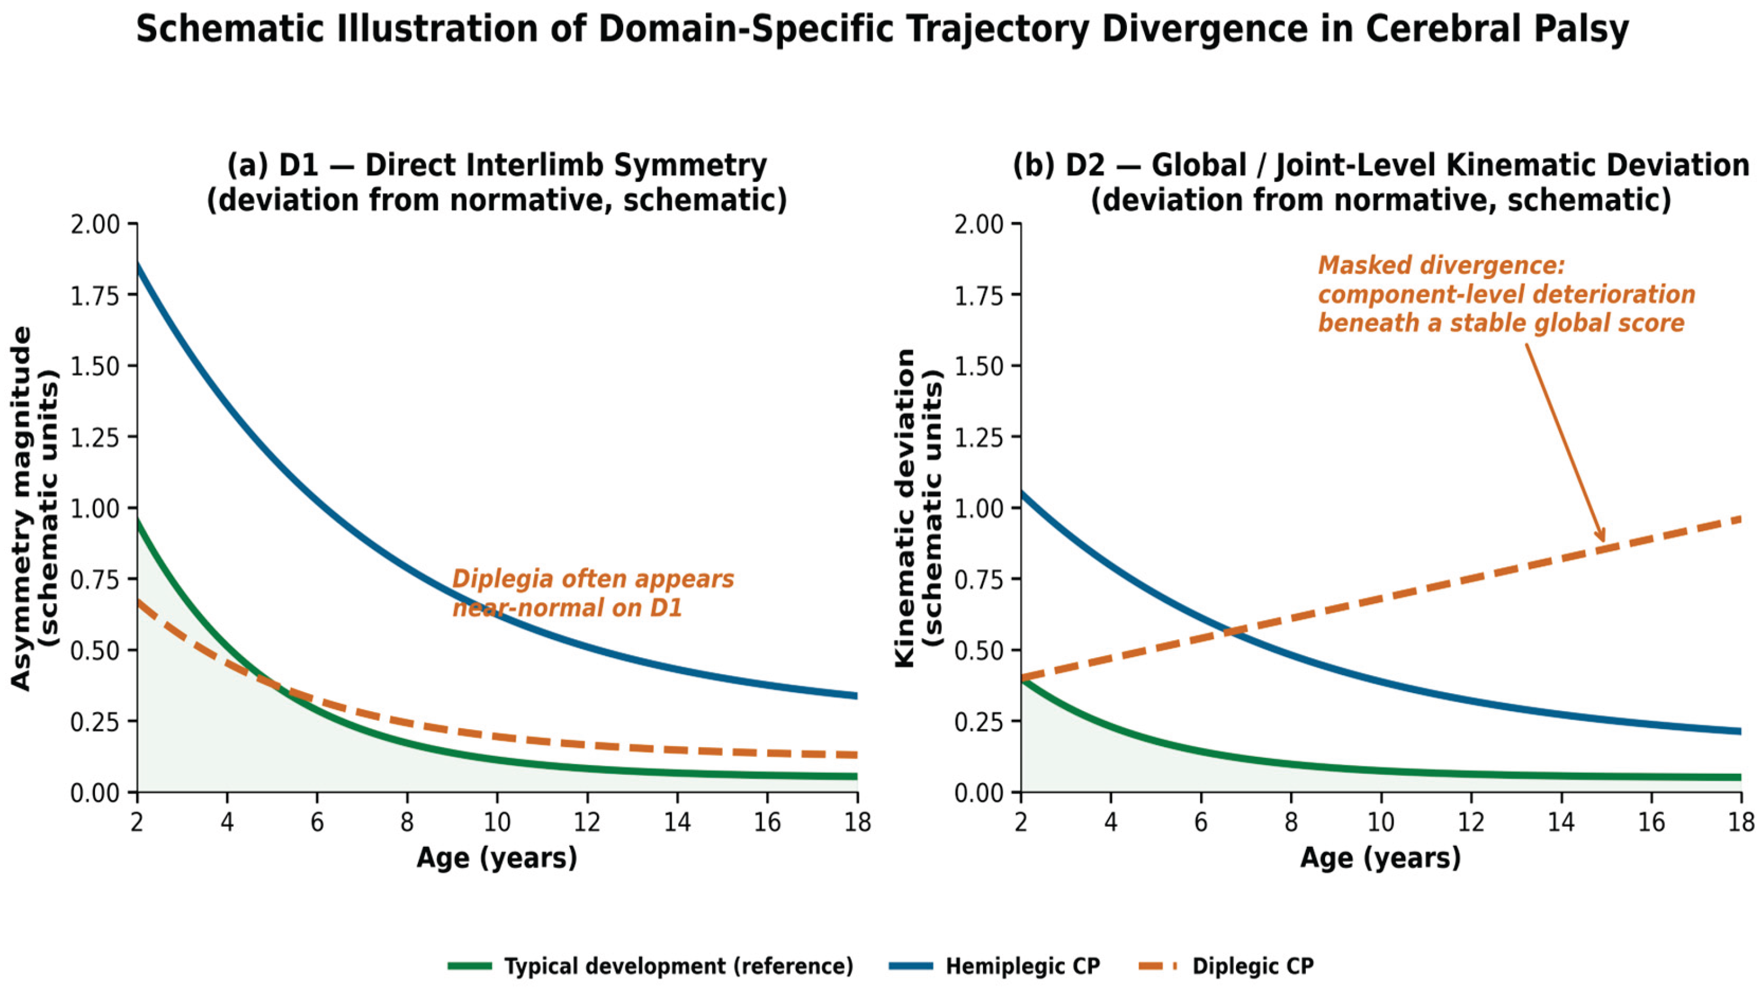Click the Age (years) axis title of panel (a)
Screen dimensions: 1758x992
tap(497, 858)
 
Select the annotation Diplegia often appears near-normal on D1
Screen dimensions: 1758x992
tap(593, 593)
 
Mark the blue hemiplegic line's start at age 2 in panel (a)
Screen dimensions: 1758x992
tap(138, 263)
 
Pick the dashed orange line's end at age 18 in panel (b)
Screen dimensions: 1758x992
tap(1741, 519)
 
